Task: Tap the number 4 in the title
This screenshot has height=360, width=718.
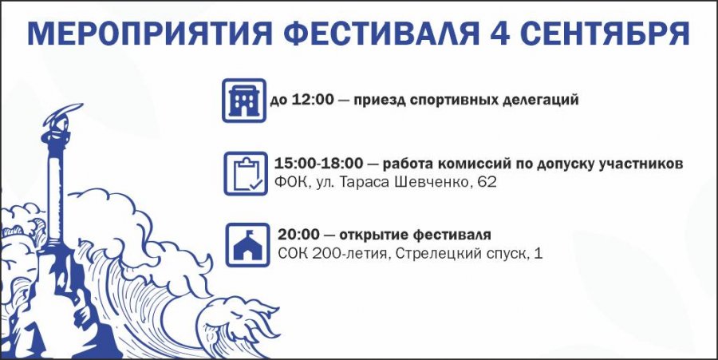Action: (500, 34)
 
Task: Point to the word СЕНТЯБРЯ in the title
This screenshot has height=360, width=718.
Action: (606, 34)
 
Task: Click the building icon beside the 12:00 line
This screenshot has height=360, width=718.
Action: (244, 101)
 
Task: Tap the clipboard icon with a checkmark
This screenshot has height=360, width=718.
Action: (246, 173)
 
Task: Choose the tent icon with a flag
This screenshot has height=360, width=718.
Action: (248, 244)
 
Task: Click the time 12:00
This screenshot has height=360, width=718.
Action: (314, 100)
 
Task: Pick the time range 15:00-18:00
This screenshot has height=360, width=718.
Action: (318, 163)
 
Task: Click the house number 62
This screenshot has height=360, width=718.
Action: (487, 182)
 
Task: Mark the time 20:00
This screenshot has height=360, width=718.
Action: (298, 235)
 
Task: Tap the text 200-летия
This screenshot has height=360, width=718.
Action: (351, 253)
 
